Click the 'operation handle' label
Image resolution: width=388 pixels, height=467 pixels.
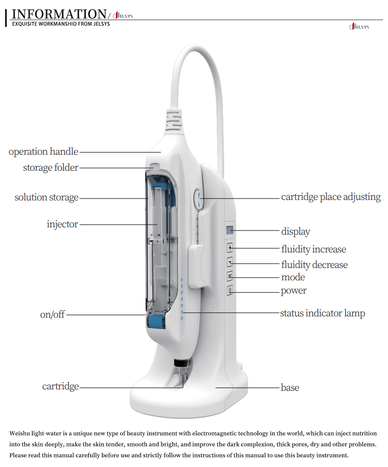tap(43, 152)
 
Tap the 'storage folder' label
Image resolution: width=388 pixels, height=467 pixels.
tap(51, 168)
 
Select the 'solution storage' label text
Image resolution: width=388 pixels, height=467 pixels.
tap(47, 198)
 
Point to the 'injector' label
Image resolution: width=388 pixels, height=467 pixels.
tap(63, 224)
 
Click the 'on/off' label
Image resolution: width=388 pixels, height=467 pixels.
tap(52, 315)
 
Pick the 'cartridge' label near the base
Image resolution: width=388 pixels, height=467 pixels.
tap(61, 386)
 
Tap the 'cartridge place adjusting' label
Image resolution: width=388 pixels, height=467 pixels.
tap(330, 197)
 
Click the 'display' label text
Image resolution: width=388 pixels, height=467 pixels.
tap(295, 231)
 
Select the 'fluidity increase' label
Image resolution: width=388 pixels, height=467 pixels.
tap(313, 249)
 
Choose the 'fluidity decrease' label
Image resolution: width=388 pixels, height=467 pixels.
tap(314, 265)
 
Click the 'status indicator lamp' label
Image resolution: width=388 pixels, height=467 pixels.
tap(322, 313)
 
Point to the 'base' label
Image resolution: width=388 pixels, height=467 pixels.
tap(290, 388)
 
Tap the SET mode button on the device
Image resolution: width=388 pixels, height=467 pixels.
tap(230, 276)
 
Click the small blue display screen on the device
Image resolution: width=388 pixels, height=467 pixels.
tap(230, 230)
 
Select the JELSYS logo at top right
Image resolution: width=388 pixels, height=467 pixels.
tap(359, 27)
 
